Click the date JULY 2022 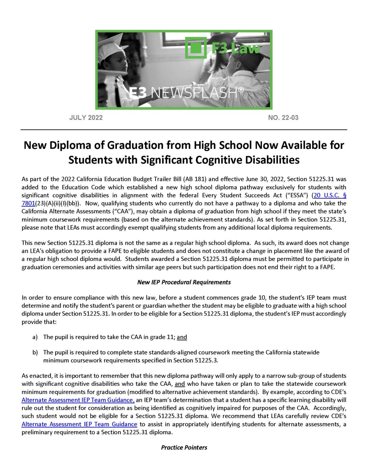86,118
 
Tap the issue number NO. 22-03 283,118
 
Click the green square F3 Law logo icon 195,48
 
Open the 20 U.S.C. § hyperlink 330,195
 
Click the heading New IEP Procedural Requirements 184,282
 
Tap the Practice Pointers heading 184,447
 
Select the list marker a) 35,337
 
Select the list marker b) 35,352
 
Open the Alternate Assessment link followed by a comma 78,400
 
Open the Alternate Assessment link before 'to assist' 79,424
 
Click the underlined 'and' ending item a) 182,337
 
